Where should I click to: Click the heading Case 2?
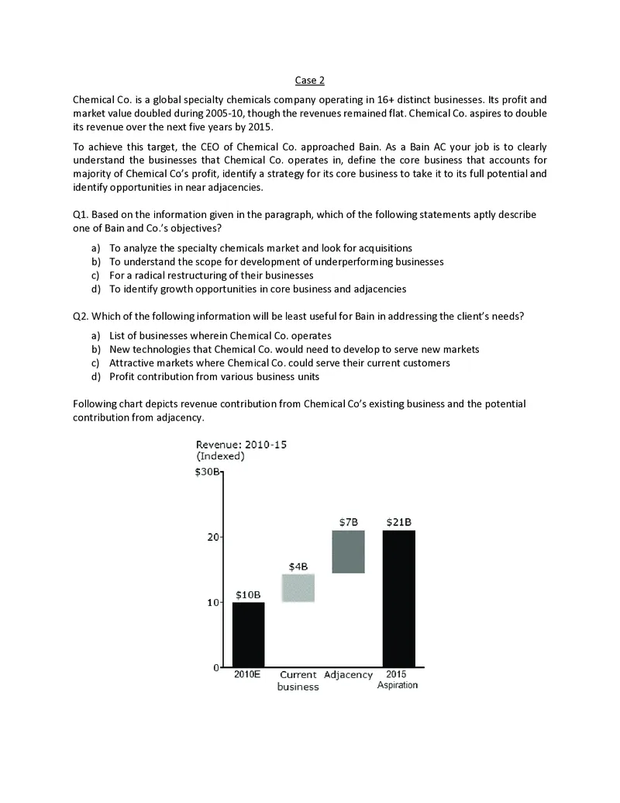point(309,81)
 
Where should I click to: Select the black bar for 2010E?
point(248,634)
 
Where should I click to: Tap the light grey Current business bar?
point(298,588)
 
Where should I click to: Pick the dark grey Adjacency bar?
point(348,552)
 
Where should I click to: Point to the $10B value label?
point(248,594)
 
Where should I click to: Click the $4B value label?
point(298,566)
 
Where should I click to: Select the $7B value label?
point(349,521)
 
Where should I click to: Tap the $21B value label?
point(398,521)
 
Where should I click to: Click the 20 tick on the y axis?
point(212,537)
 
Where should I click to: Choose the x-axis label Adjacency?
point(348,675)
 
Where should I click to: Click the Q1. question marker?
point(81,213)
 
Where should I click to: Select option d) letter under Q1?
point(95,289)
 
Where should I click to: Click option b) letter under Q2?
point(95,349)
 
